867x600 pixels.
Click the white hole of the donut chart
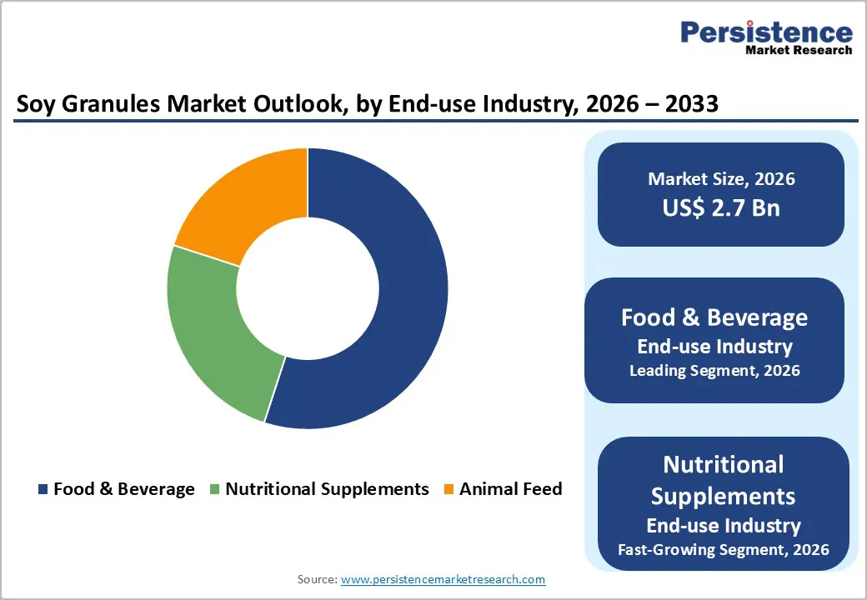[x=308, y=288]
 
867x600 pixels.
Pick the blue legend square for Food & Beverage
[x=43, y=489]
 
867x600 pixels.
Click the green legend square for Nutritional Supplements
[x=214, y=489]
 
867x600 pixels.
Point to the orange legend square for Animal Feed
[x=449, y=489]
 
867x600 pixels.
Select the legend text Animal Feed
[x=510, y=489]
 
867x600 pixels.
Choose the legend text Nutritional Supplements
[x=327, y=489]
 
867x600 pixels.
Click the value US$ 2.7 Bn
[x=721, y=207]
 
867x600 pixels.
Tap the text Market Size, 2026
[x=721, y=179]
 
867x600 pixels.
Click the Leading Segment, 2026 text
[x=714, y=371]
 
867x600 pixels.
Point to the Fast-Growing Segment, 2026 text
[x=723, y=549]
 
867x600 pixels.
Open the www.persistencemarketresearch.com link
[x=443, y=579]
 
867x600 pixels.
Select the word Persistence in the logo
[x=766, y=32]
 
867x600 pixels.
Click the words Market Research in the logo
[x=799, y=50]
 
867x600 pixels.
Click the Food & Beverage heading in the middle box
[x=714, y=317]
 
